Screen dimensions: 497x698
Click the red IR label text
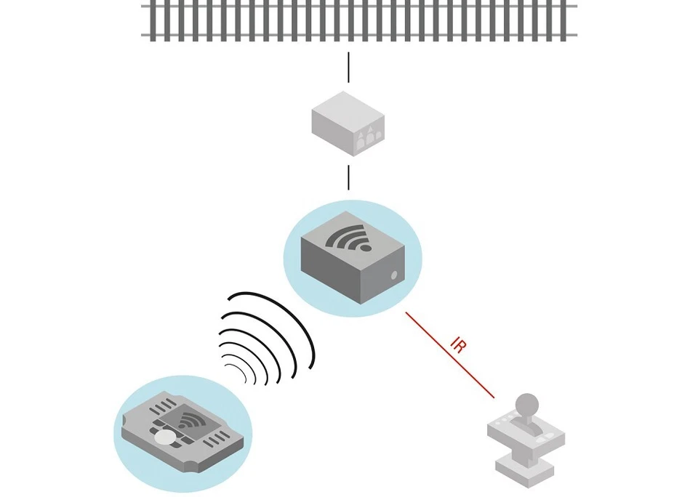tap(459, 344)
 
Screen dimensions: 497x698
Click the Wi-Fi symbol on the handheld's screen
tap(191, 420)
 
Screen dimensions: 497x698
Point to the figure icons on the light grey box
tap(369, 136)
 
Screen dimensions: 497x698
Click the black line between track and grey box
tap(349, 67)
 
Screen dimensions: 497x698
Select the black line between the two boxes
tap(349, 177)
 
